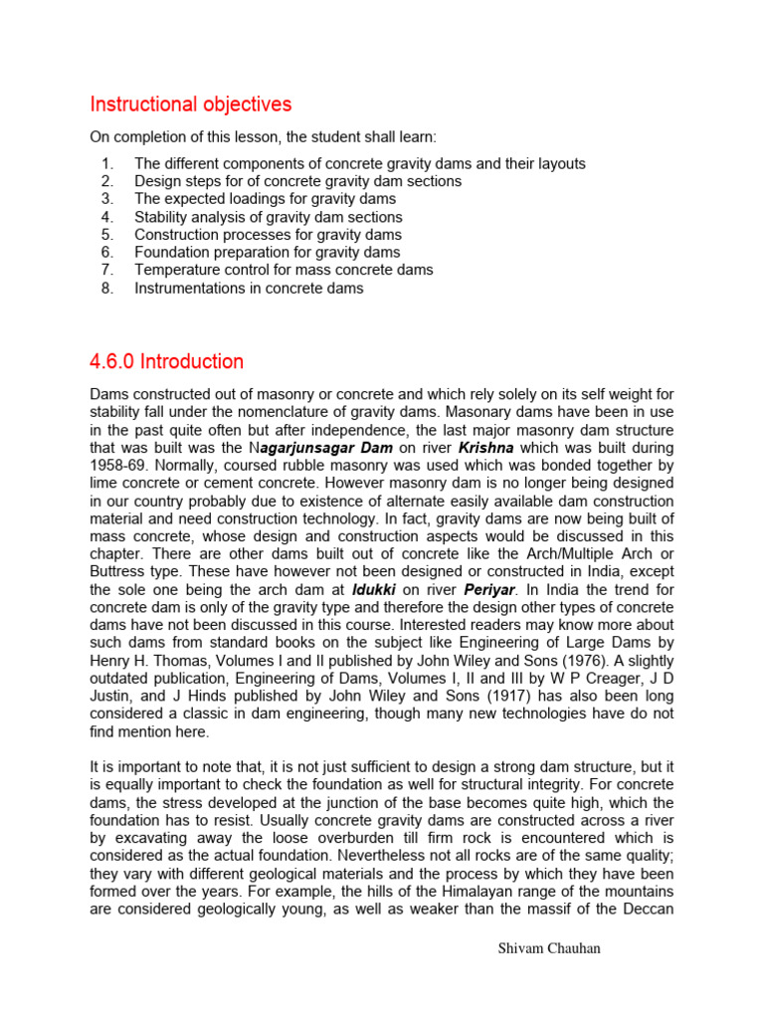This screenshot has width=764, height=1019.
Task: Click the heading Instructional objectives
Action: coord(191,104)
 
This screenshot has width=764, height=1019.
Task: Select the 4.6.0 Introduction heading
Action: coord(166,361)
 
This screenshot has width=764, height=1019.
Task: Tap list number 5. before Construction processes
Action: coord(108,235)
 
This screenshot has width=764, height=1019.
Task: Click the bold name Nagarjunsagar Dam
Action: coord(321,448)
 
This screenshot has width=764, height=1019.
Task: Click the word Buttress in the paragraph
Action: coord(119,572)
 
